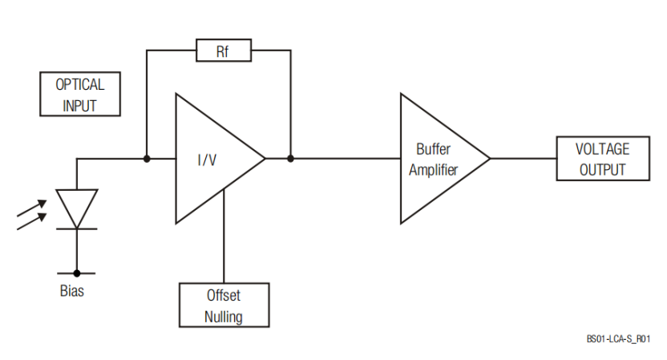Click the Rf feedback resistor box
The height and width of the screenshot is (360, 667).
coord(223,51)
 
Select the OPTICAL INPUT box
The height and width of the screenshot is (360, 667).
coord(79,94)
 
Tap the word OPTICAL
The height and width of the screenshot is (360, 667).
coord(79,84)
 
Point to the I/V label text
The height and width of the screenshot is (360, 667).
coord(207,160)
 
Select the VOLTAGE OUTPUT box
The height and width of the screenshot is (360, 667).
coord(602,159)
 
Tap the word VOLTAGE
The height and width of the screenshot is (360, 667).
coord(602,149)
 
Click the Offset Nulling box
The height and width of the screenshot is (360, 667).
coord(224,305)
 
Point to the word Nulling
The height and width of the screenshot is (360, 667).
coord(224,316)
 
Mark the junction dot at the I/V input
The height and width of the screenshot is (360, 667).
coord(147,159)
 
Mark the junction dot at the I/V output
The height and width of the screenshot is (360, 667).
coord(290,159)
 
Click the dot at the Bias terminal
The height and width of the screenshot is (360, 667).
coord(77,273)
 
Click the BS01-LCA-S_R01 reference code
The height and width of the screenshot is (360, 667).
coord(617,339)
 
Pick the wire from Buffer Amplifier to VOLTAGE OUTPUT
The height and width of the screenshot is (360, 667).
coord(523,159)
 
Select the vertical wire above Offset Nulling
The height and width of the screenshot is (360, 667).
coord(224,241)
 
